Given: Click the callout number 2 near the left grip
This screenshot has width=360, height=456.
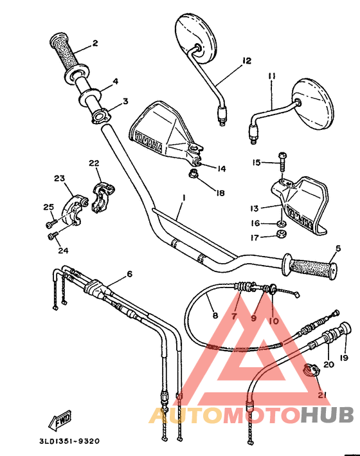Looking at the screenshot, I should pos(94,44).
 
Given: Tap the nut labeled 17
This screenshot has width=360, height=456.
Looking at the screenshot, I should pos(280,234).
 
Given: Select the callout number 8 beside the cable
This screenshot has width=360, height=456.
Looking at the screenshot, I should pos(215,316).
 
